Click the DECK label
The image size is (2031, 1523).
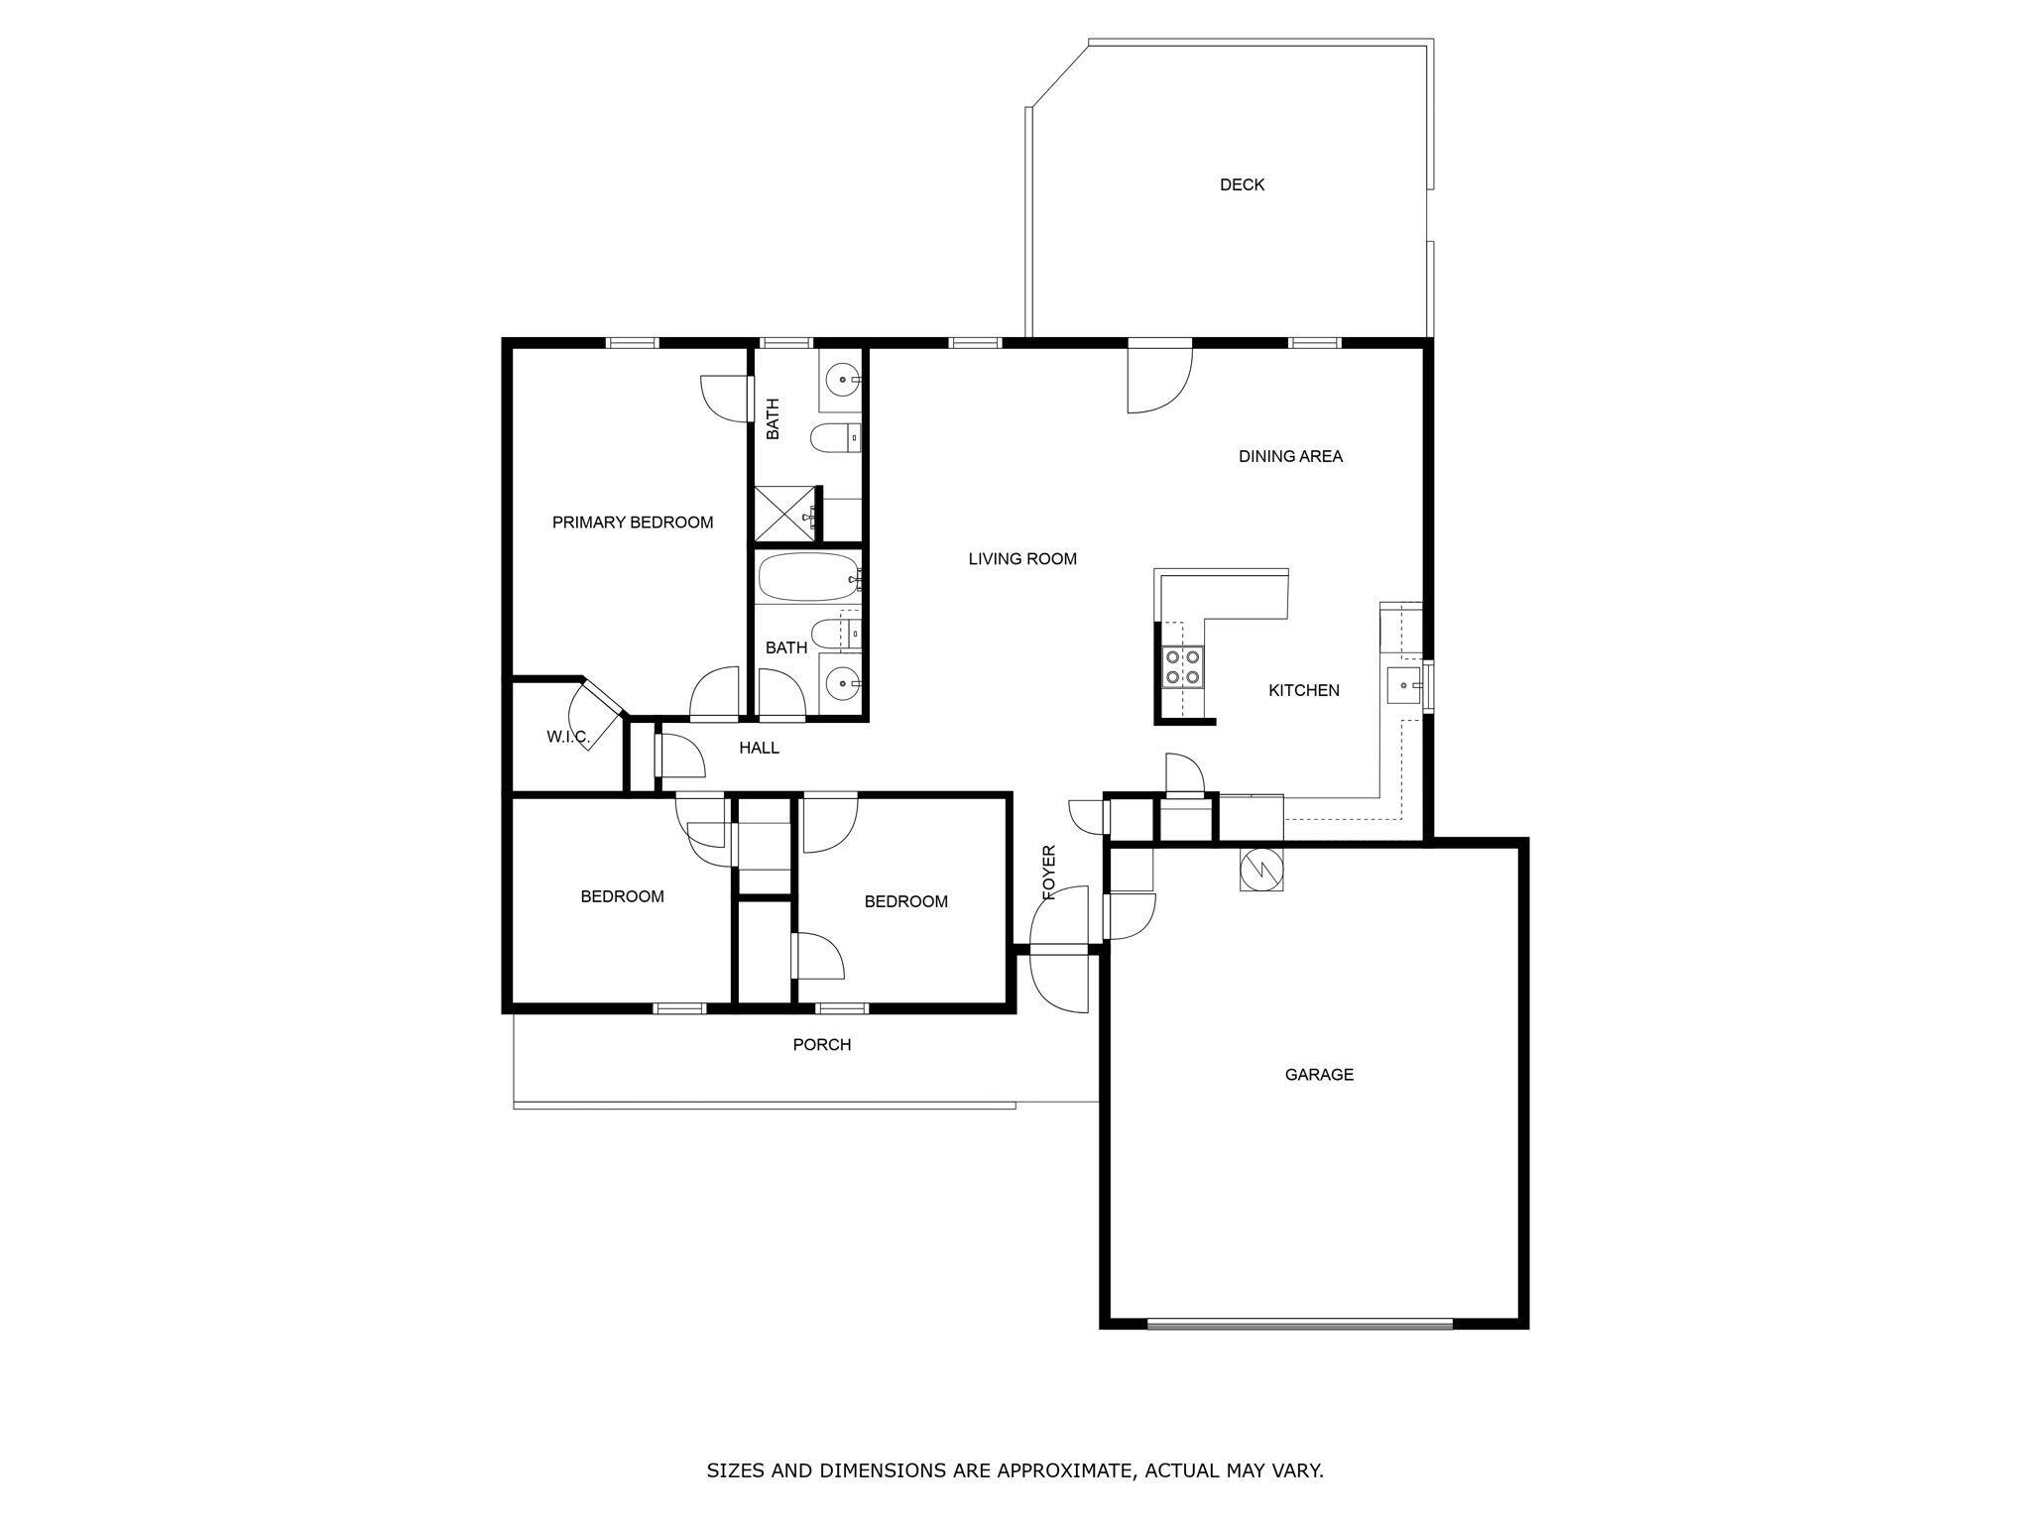tap(1242, 184)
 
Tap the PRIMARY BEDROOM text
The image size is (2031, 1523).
tap(632, 523)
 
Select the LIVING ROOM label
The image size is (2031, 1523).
tap(1021, 559)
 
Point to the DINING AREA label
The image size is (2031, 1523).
tap(1289, 457)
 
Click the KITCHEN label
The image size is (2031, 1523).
tap(1303, 691)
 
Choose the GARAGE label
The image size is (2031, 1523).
tap(1318, 1075)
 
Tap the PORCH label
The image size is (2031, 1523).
tap(821, 1045)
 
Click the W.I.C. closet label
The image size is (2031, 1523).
tap(567, 738)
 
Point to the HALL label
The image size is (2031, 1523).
tap(759, 749)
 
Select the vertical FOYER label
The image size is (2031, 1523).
tap(1049, 873)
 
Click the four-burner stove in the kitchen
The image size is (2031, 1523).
tap(1182, 666)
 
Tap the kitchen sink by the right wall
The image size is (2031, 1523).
tap(1404, 684)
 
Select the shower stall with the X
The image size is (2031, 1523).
tap(784, 515)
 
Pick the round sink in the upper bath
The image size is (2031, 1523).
tap(842, 380)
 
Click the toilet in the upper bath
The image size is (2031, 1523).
tap(833, 437)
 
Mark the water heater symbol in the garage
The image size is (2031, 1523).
tap(1260, 870)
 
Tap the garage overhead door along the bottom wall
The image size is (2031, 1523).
tap(1299, 1323)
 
